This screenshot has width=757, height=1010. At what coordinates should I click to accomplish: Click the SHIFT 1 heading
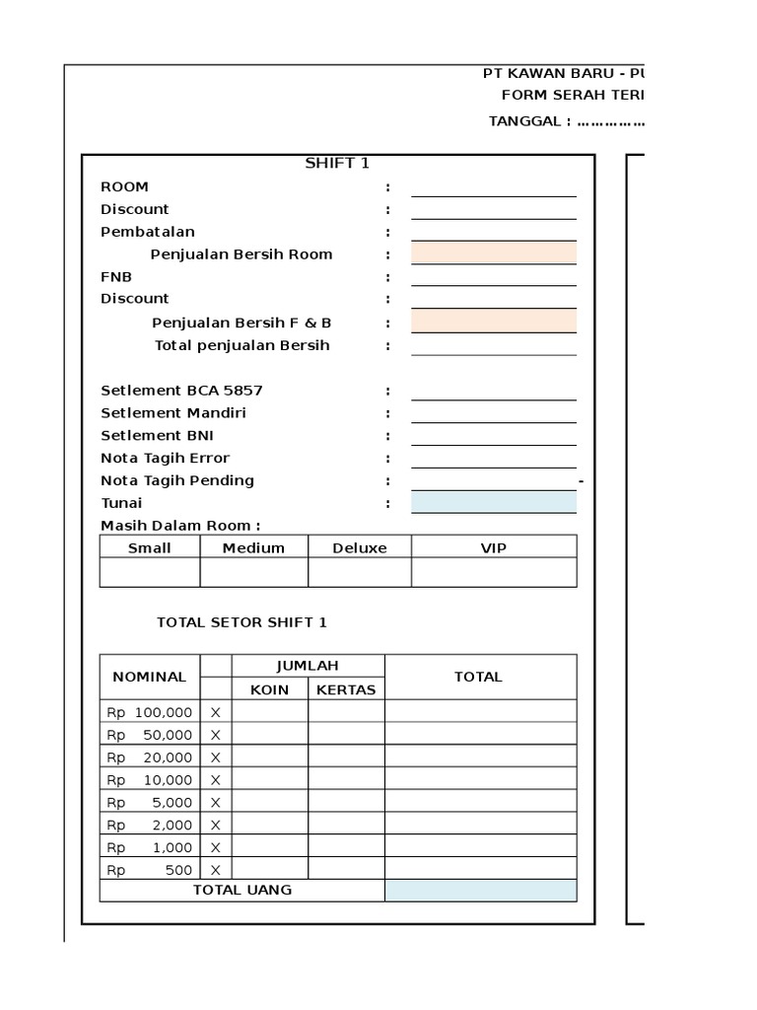point(337,164)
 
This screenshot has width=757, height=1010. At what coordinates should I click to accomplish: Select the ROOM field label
point(125,186)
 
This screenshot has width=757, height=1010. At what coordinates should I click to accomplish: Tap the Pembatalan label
point(148,232)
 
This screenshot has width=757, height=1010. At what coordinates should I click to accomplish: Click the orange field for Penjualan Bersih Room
point(494,253)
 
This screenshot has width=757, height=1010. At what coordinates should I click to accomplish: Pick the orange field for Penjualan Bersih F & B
point(494,322)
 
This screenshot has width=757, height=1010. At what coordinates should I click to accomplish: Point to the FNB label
point(116,277)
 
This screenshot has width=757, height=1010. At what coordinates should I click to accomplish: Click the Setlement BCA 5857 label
point(181,391)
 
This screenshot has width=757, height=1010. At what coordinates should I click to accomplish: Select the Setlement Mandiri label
point(173,413)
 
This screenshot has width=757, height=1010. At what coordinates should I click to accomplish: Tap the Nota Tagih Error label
point(165,458)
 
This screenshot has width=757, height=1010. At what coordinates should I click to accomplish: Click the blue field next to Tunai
point(494,503)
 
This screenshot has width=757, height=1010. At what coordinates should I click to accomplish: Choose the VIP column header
point(493,547)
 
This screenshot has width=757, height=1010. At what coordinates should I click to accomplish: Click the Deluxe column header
point(360,547)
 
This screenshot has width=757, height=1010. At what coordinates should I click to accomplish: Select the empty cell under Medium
point(253,572)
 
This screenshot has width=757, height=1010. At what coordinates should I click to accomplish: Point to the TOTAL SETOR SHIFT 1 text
point(241,622)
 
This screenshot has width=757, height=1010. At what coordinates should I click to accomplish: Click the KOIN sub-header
point(269,689)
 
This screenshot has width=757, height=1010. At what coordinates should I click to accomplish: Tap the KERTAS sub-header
point(346,689)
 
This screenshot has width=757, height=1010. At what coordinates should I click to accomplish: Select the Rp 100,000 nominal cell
point(150,712)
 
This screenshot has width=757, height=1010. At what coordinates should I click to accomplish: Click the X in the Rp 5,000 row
point(215,802)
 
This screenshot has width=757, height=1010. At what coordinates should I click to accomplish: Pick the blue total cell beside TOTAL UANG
point(480,891)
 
